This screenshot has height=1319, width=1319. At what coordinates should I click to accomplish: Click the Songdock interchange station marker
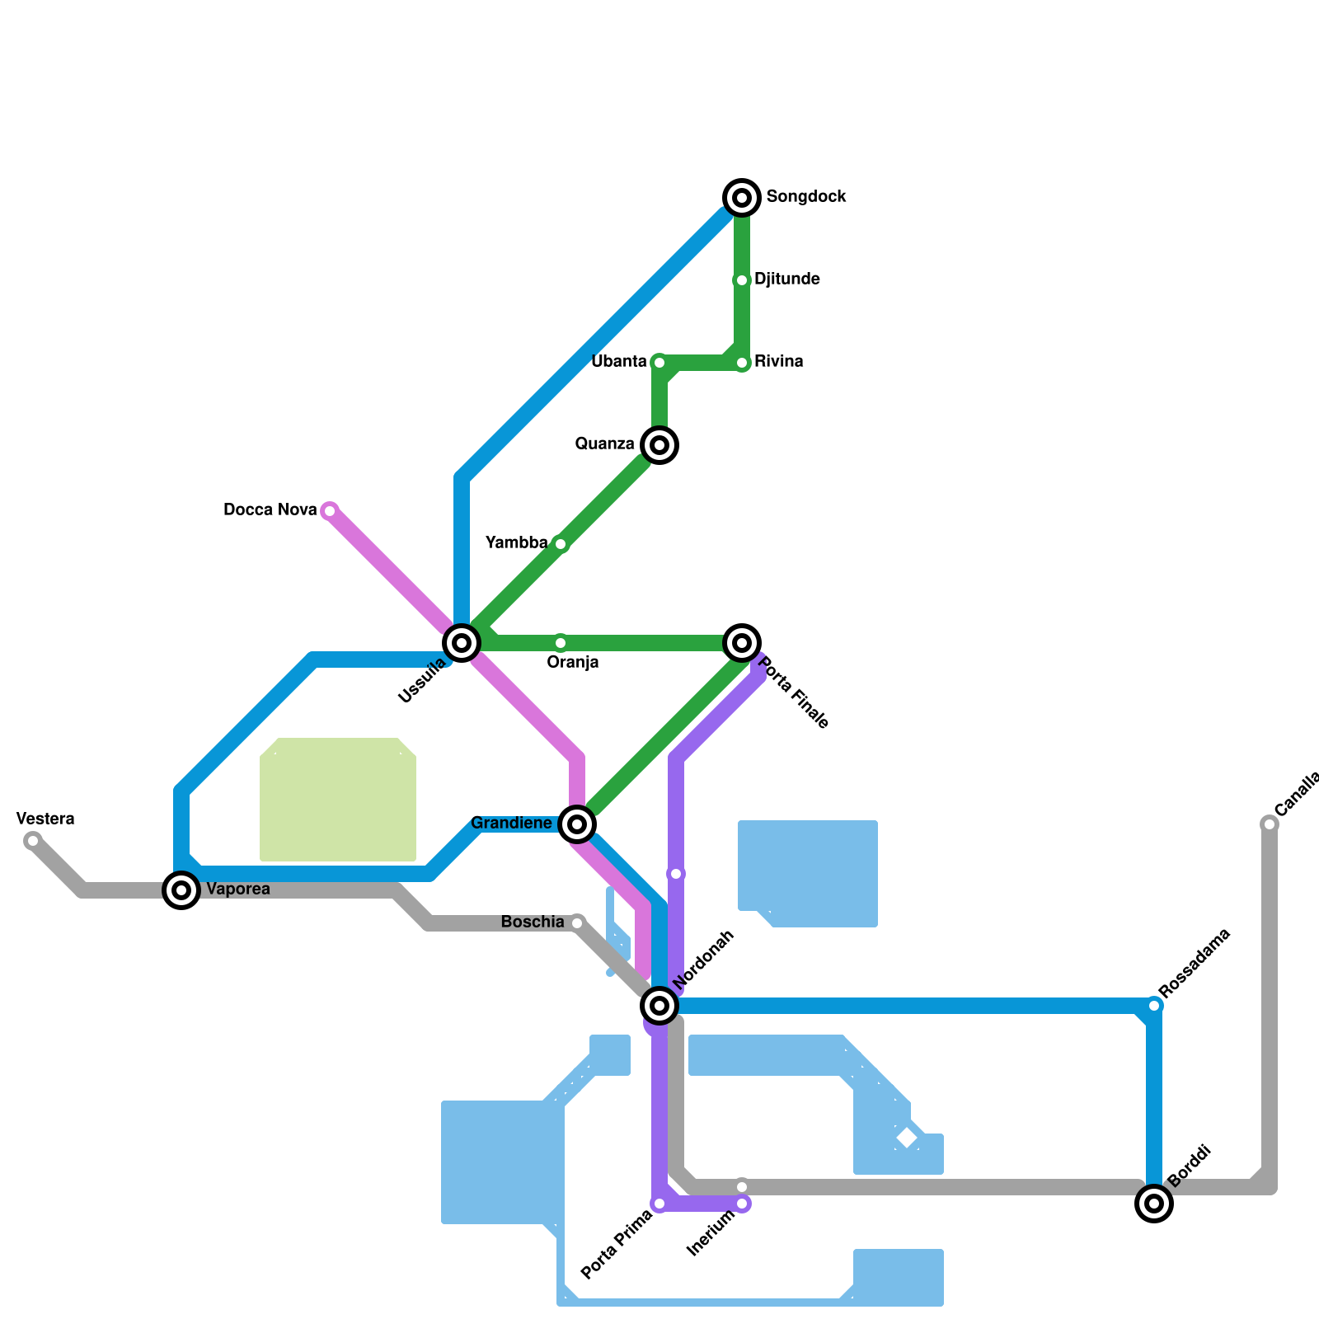(742, 198)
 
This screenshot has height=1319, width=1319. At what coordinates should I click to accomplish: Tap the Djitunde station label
(786, 279)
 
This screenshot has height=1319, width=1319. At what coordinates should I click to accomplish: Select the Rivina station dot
(742, 363)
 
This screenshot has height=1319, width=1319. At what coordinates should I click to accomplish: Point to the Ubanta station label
(618, 362)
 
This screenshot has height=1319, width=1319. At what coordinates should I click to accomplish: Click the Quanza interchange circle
(659, 445)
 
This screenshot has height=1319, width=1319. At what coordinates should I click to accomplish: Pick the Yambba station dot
(561, 544)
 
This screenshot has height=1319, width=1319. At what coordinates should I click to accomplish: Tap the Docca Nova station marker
(330, 511)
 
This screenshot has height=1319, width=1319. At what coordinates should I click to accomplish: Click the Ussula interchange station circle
(462, 643)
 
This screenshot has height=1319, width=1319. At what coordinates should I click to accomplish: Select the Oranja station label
(573, 663)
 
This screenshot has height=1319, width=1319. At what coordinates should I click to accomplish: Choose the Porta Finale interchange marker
(742, 643)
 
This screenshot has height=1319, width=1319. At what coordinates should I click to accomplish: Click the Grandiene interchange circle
(577, 824)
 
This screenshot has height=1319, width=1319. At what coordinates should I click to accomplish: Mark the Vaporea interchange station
(181, 890)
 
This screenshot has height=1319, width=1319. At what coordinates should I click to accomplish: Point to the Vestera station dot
(33, 841)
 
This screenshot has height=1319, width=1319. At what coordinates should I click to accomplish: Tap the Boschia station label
(533, 922)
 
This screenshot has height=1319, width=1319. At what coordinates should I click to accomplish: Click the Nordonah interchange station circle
(659, 1005)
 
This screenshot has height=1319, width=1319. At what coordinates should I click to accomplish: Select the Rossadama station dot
(1154, 1006)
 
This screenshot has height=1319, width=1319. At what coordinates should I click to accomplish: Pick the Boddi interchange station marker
(1154, 1204)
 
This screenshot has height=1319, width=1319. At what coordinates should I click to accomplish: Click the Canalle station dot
(1270, 824)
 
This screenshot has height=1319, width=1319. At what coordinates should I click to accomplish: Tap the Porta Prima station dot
(659, 1204)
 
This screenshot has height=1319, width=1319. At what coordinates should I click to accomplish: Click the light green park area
(338, 800)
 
